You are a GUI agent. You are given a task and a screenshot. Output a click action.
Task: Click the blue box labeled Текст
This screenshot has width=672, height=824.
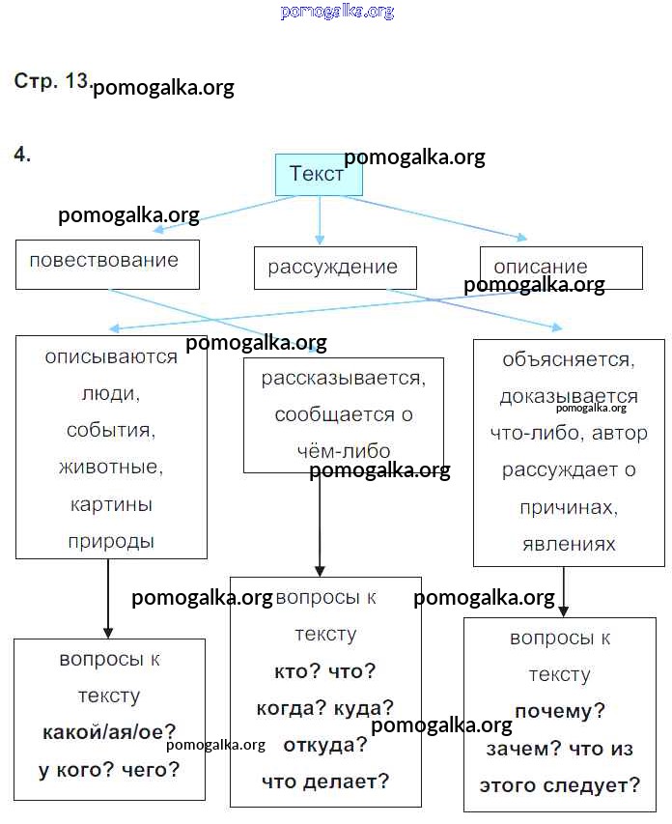pos(318,175)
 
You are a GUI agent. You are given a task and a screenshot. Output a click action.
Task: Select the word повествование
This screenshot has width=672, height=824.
pos(104,260)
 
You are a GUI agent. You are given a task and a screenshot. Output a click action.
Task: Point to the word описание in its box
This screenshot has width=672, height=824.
pos(540,267)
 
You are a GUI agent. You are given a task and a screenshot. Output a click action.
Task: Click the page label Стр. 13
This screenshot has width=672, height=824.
pos(52,82)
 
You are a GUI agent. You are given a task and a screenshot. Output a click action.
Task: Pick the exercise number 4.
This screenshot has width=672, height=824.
pos(22,154)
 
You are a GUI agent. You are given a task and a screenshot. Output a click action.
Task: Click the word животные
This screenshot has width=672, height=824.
pos(110,468)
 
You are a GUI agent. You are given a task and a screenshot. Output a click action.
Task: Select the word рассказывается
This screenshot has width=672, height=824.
pos(343,378)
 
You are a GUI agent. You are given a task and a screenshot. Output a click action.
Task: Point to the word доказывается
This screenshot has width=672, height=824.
pos(569,396)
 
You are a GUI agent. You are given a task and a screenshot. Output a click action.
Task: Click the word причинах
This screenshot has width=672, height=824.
pos(569,507)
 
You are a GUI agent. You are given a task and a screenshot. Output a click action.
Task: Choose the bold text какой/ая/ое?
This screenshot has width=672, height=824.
pos(109,732)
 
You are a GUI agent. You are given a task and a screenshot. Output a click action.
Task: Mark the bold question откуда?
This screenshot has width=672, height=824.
pos(325,745)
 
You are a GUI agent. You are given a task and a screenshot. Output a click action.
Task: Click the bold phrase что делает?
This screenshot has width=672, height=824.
pos(325,781)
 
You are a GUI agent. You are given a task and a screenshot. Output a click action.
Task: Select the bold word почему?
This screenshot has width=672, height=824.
pos(560,712)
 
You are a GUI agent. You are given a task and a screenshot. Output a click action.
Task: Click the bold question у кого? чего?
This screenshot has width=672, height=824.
pos(109,769)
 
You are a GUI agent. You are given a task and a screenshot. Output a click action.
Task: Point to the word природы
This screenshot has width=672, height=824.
pos(111,541)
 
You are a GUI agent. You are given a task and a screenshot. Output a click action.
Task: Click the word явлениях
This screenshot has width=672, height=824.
pos(569,544)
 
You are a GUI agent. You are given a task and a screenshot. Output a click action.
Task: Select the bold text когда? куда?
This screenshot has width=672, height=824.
pos(325,708)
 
